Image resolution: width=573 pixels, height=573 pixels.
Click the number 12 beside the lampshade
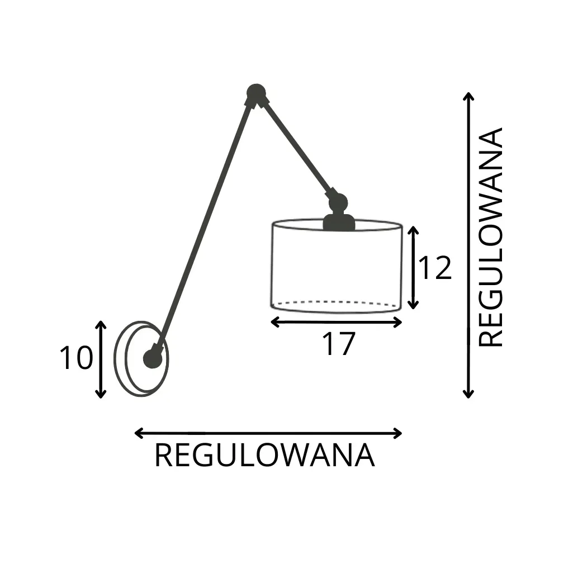coord(435,269)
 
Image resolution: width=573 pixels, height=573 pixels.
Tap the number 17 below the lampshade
coord(338,344)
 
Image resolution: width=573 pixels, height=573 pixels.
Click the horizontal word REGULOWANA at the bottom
coord(264,456)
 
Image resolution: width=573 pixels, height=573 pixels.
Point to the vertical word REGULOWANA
coord(491,237)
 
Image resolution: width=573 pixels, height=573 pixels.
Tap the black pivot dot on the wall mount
coord(153,358)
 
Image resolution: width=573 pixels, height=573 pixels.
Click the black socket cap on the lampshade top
coord(339,222)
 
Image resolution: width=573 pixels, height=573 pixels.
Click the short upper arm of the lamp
coord(296,146)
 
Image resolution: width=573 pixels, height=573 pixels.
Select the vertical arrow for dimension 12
coord(413,268)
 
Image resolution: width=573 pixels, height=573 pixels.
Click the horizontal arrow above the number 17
coord(336,322)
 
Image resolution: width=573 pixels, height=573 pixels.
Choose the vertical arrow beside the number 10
coord(101,359)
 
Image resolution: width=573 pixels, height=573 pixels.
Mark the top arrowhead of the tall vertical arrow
coord(468,96)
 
